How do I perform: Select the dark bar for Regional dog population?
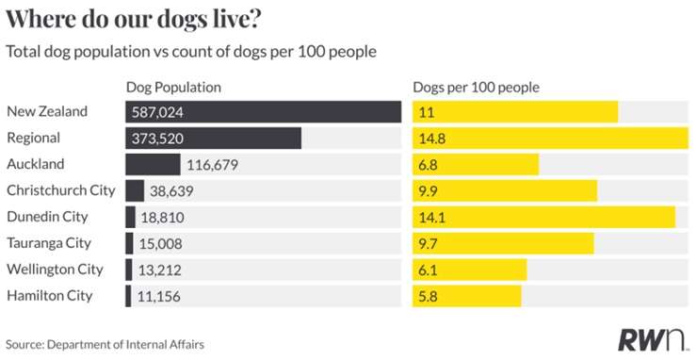point(213,139)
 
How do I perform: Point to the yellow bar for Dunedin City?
point(543,217)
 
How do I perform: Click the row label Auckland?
point(35,164)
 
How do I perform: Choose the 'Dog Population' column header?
point(173,88)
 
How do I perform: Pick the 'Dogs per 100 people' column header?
point(476,88)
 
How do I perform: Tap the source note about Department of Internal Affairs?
point(105,344)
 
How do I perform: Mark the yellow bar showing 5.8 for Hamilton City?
point(466,296)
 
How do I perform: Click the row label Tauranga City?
point(48,243)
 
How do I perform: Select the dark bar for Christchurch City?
point(135,190)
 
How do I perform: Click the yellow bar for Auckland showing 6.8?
point(476,165)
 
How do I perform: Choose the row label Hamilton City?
point(49,296)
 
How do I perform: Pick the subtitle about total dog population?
point(192,51)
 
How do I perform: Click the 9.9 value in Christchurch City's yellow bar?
point(429,191)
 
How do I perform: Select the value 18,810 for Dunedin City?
point(166,218)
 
